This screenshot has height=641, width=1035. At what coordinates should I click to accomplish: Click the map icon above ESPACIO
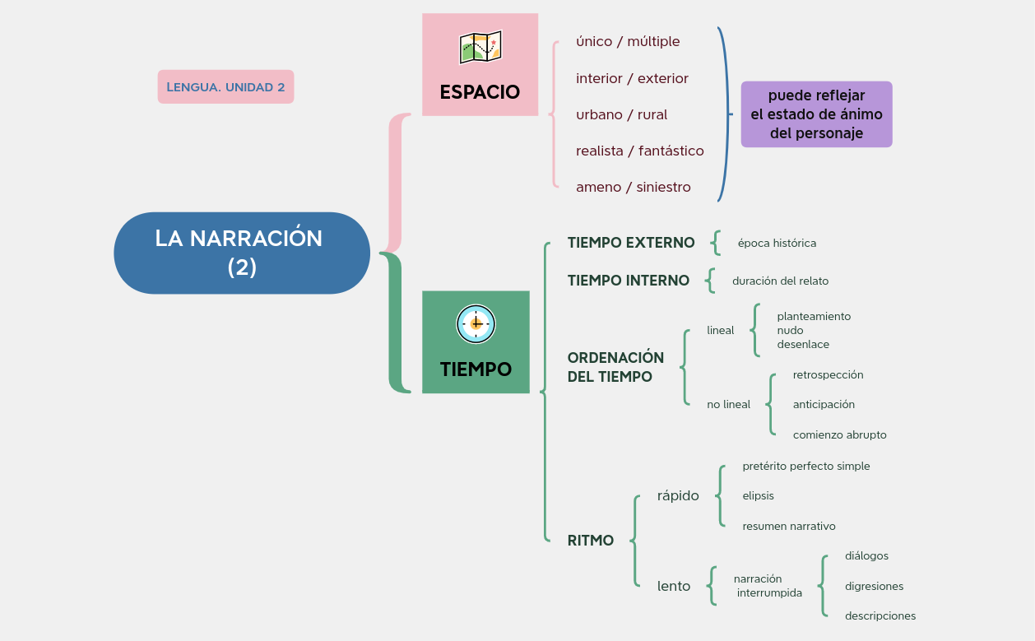tap(480, 48)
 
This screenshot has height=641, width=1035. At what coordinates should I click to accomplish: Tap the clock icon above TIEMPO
tap(476, 324)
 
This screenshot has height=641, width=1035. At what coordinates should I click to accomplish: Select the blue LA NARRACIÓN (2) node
tap(242, 253)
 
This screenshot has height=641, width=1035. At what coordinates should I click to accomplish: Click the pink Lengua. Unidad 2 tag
tap(225, 87)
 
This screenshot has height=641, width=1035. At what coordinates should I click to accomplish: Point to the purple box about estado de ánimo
tap(816, 114)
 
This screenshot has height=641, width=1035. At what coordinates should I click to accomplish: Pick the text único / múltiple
tap(628, 42)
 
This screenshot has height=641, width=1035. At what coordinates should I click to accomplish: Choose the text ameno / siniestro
tap(633, 188)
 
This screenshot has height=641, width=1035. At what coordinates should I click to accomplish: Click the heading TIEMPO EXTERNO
tap(631, 243)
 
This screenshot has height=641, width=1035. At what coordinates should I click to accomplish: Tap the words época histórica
tap(777, 244)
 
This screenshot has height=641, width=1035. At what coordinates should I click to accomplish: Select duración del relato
tap(780, 281)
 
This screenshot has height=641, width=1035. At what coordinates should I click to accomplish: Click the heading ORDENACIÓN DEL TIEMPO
tap(615, 367)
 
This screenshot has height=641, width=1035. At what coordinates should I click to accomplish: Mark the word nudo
tap(790, 331)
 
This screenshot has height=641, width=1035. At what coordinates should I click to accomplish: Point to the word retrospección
tap(828, 375)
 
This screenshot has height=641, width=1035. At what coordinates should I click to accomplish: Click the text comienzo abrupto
tap(839, 435)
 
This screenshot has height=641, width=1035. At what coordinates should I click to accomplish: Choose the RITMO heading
tap(591, 541)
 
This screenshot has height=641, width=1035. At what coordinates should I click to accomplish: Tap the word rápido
tap(678, 496)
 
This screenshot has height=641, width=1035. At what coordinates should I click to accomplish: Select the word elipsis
tap(758, 496)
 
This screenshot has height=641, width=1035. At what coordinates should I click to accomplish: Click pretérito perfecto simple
tap(805, 467)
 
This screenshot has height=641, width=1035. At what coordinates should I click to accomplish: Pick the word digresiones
tap(874, 587)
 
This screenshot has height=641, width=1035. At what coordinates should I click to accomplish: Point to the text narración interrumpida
tap(768, 586)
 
